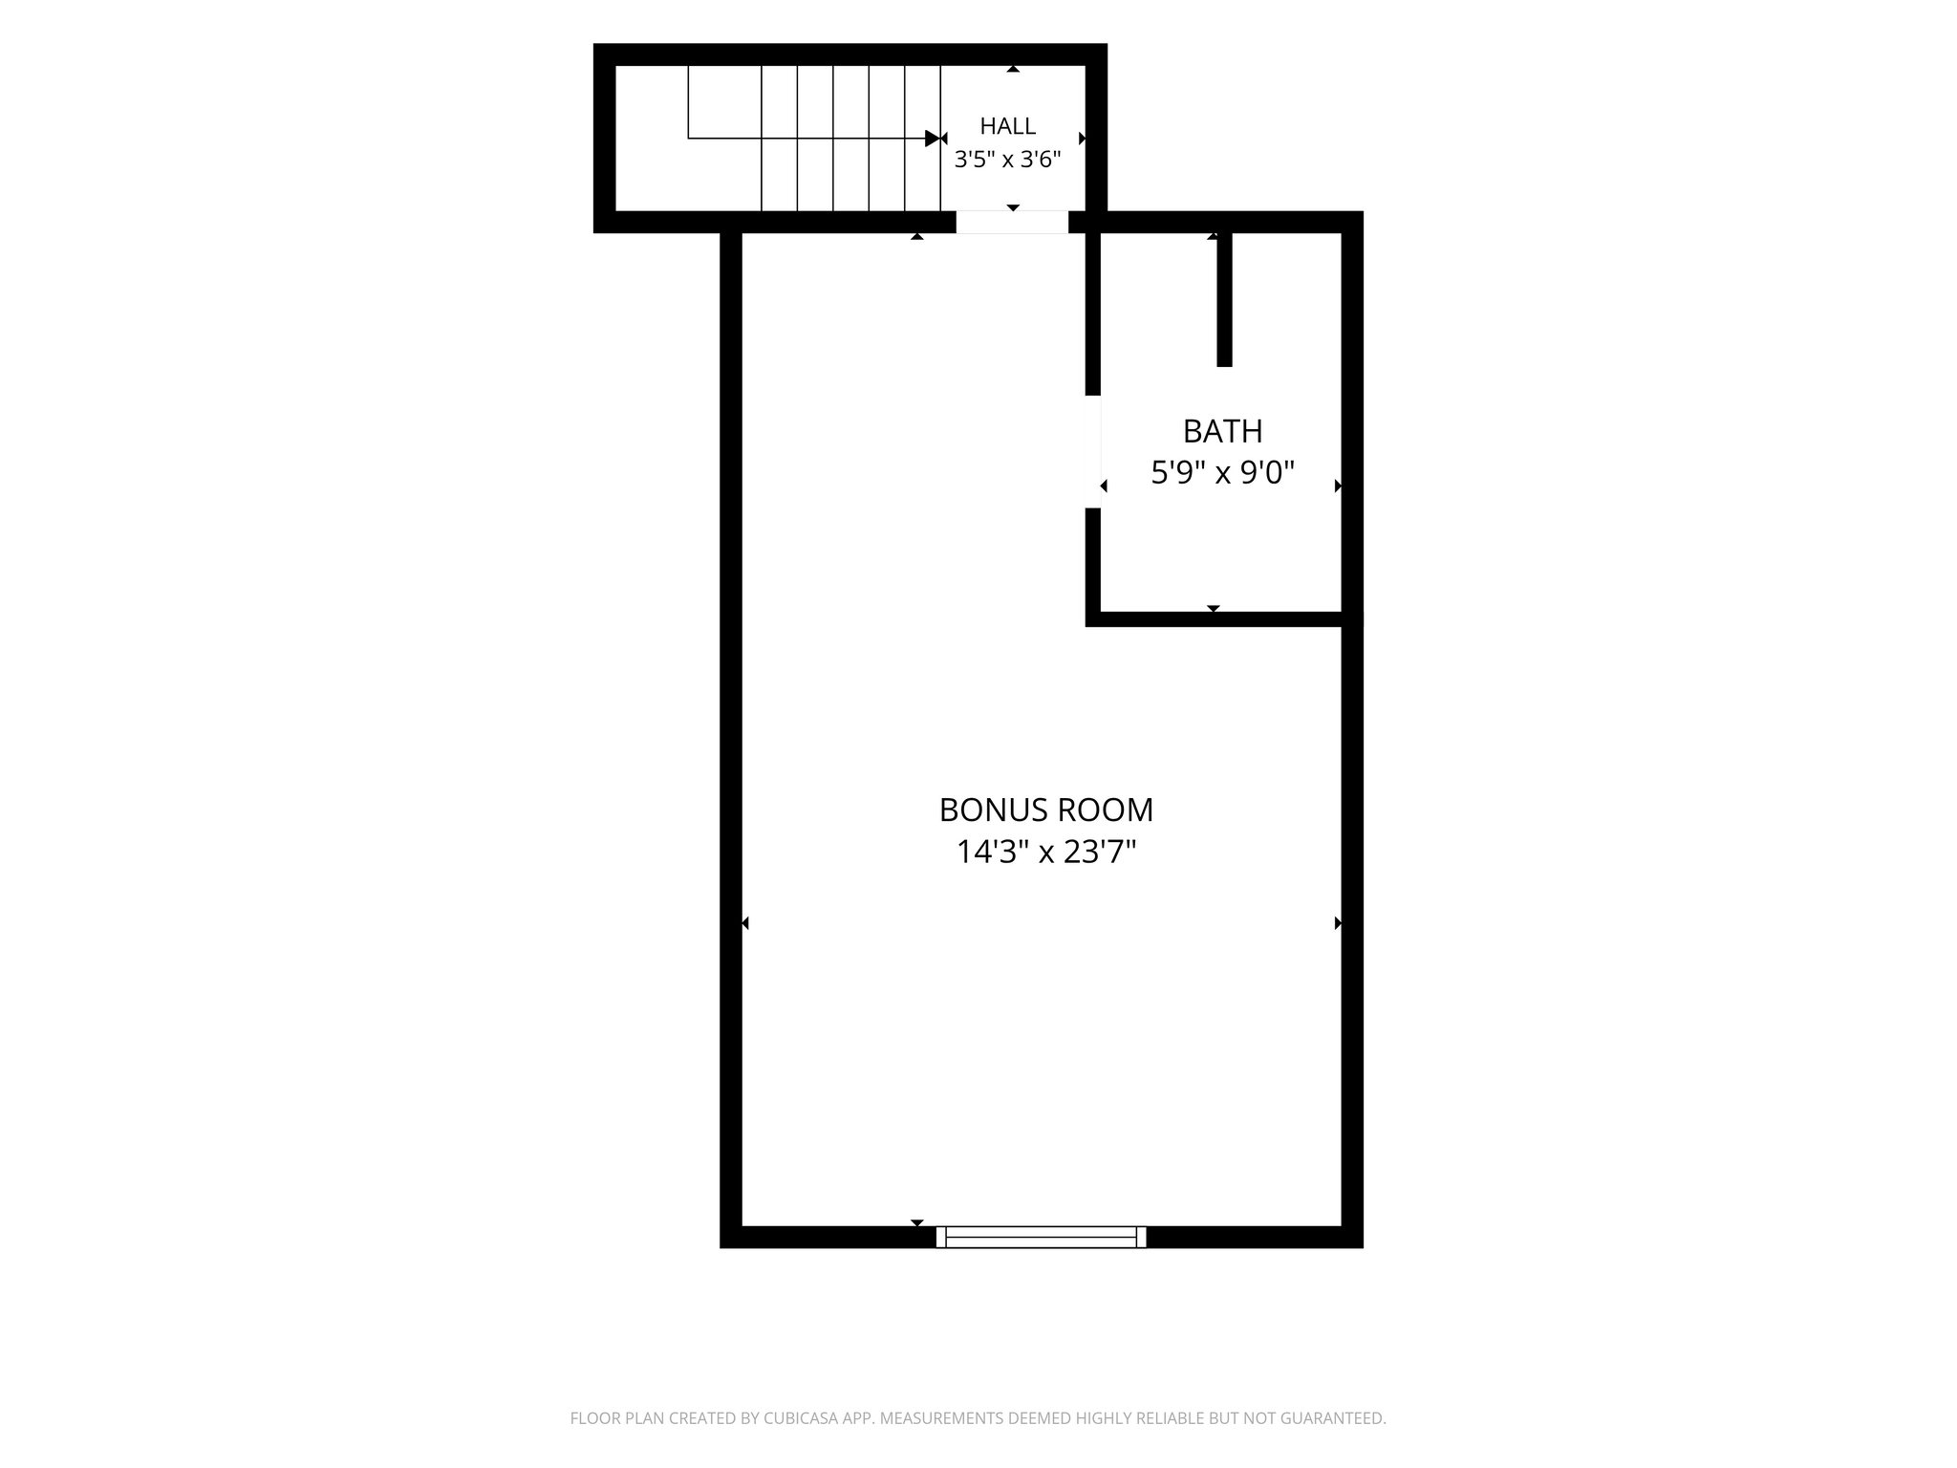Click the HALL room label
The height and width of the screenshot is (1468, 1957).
point(1007,125)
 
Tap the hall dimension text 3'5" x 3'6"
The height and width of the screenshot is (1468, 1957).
point(1007,160)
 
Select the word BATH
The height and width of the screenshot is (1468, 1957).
point(1222,432)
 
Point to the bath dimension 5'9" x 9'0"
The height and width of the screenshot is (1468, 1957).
point(1222,472)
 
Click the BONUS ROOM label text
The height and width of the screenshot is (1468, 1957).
point(1046,810)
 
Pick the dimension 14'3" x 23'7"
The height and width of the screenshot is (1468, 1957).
point(1046,852)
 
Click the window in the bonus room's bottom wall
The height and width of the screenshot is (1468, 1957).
point(1041,1237)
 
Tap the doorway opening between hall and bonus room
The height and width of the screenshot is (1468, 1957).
point(1012,222)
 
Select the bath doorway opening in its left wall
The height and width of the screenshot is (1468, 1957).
point(1093,451)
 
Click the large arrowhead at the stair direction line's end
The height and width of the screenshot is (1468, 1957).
point(934,139)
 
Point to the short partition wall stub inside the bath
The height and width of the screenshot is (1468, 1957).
point(1224,299)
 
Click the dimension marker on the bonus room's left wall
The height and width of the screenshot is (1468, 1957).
point(745,923)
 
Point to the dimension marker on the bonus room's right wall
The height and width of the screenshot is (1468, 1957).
point(1339,923)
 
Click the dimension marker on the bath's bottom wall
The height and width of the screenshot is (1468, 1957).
point(1214,609)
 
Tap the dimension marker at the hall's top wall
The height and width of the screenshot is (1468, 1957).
point(1013,69)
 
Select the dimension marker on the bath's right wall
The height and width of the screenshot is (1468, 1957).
point(1339,486)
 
